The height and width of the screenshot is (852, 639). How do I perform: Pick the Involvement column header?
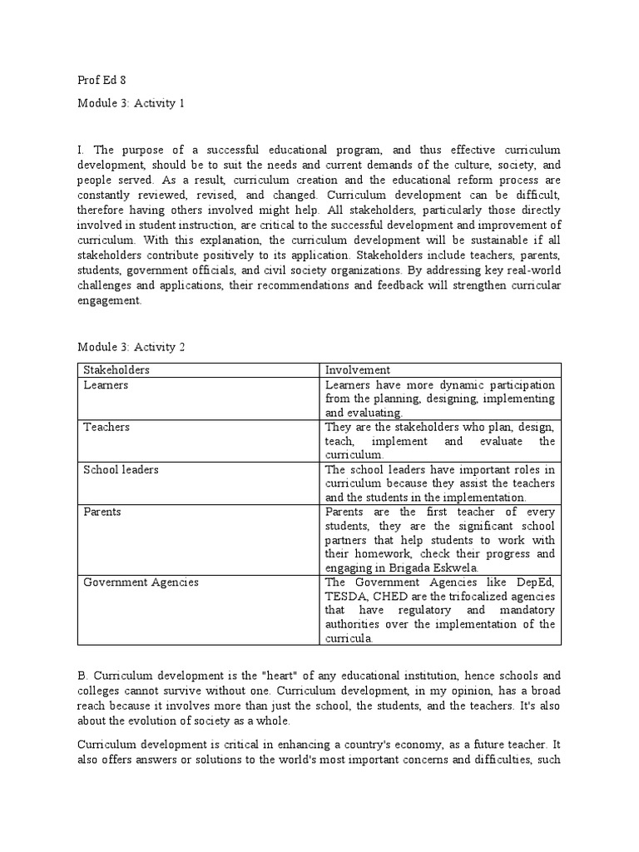tap(358, 369)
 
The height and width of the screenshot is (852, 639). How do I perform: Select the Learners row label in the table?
tap(106, 385)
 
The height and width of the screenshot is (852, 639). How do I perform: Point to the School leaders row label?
tap(121, 470)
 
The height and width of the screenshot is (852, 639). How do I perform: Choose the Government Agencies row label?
tap(141, 582)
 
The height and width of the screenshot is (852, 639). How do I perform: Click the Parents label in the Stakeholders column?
tap(102, 512)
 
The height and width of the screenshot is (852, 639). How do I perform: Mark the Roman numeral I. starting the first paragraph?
tap(81, 151)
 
